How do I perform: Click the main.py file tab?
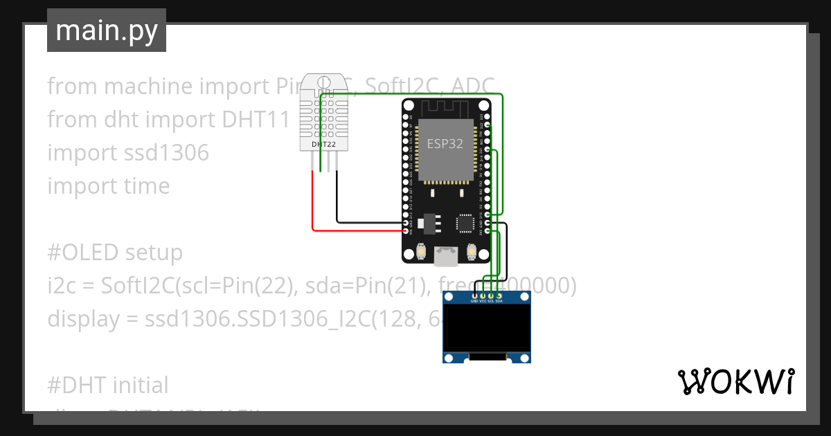coord(107,30)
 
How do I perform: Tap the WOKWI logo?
coord(735,381)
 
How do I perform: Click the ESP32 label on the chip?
coord(445,144)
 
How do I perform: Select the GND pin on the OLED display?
coord(474,296)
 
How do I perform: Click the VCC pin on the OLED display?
coord(483,296)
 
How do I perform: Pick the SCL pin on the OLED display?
coord(491,296)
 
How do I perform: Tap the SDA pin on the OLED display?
coord(499,296)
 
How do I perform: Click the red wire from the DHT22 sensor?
coord(313,208)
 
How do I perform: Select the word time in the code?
coord(144,186)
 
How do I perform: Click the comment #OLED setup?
coord(115,253)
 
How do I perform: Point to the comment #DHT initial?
coord(108,385)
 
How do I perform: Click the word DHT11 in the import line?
coord(254,120)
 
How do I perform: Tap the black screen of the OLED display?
coord(487,329)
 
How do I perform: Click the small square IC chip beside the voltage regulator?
coord(464,224)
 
